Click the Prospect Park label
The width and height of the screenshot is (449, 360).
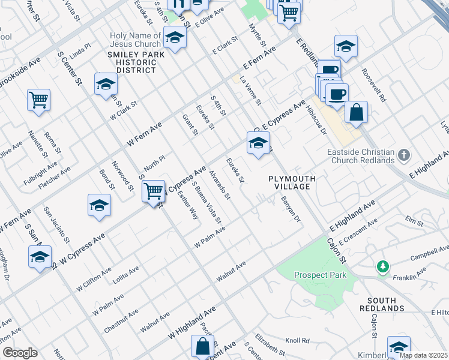pos(321,275)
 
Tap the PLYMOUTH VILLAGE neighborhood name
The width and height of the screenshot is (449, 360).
pos(289,183)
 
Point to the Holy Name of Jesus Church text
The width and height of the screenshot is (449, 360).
pos(135,40)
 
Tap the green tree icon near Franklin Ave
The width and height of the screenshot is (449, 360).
pos(381,265)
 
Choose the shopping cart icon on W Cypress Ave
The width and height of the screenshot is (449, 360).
pos(154,191)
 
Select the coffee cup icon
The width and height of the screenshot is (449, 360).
pos(337,94)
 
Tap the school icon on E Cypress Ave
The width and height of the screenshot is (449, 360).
pos(258,143)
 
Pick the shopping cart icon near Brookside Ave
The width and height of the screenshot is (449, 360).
pos(38,100)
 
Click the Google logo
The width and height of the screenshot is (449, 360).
pos(19,353)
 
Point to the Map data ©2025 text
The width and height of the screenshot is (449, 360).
pos(423,355)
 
